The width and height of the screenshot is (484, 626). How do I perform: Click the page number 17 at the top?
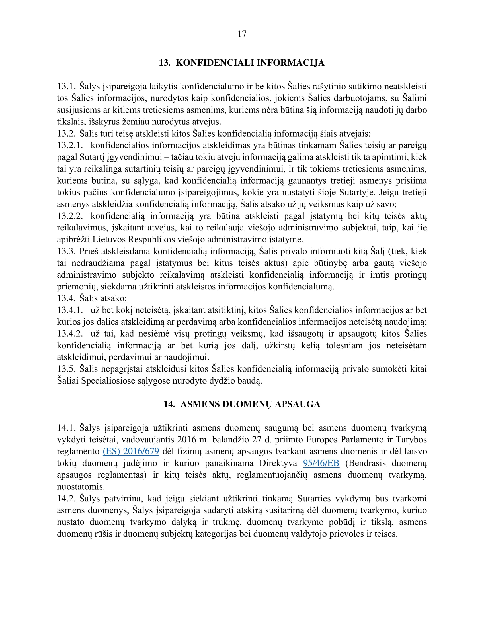coord(242,34)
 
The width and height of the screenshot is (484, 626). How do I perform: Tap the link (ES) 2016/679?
coord(131,451)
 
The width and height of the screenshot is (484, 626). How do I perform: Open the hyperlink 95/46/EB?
coord(321,463)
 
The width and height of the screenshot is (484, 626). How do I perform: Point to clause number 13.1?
coord(66,86)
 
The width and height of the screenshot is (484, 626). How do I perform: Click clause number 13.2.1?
coord(70,145)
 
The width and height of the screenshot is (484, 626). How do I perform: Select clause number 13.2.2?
coord(70,216)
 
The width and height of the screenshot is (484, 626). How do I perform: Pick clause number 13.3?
coord(66,251)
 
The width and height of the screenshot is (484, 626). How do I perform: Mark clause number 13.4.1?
coord(70,310)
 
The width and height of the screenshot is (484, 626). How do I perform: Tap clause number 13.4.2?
coord(70,334)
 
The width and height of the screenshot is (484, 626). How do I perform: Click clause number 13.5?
coord(66,369)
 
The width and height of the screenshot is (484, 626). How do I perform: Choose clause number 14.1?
coord(66,428)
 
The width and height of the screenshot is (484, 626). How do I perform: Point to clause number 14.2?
coord(66,499)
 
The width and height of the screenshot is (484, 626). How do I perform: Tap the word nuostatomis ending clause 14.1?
coord(81,487)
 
